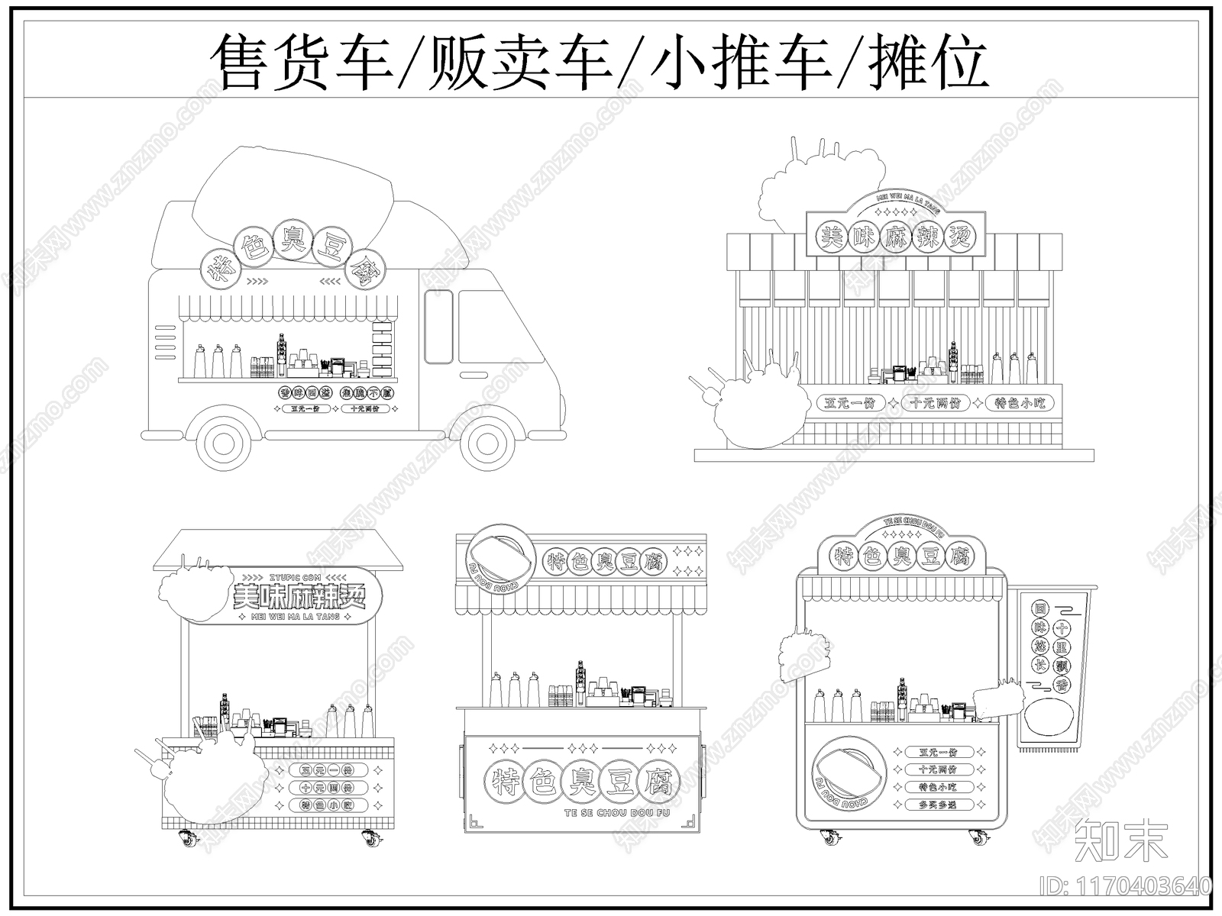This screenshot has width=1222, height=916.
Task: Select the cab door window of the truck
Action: point(438,327)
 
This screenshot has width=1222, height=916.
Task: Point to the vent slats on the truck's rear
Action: point(164,342)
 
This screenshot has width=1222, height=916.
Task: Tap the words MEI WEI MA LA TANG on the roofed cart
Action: point(295,616)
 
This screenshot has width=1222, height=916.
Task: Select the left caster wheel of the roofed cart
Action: point(186,839)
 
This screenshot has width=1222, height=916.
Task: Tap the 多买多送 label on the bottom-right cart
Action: point(938,805)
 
